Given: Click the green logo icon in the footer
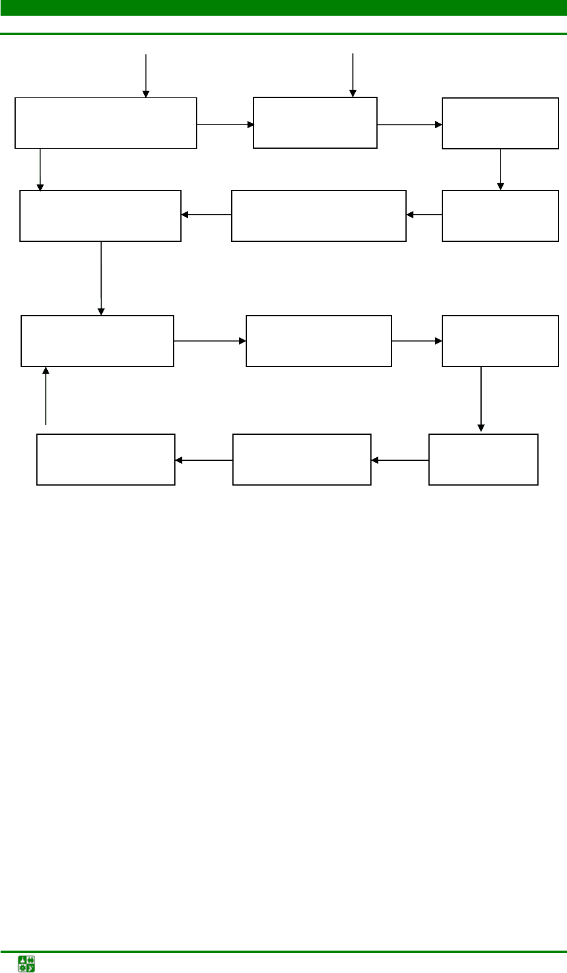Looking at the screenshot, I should coord(27,963).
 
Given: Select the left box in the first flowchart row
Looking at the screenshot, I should coord(106,123).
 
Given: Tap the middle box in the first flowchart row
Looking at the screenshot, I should coord(315,123).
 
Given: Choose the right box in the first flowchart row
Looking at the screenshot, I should coord(500,123).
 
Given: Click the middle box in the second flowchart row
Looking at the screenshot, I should coord(318,216).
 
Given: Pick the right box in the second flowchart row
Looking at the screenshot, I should coord(500,216).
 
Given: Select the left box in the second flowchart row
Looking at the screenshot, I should coord(100,216).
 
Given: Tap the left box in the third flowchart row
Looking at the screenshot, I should coord(97,341).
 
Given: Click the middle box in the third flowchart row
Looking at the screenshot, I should coord(318,341).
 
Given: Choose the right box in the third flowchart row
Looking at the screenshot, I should coord(500,341).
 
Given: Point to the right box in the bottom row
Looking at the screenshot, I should coord(483,460).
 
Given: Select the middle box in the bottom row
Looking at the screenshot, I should coord(301,460).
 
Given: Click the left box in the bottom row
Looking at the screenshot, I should coord(106,460).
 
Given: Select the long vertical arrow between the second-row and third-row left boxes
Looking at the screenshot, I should coord(101,278).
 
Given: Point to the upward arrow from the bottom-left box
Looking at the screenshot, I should coord(45,396).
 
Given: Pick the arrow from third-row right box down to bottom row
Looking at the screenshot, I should coord(481,399).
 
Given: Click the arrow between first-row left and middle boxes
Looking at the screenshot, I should coord(225,125).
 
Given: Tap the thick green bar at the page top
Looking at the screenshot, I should coord(283,7).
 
